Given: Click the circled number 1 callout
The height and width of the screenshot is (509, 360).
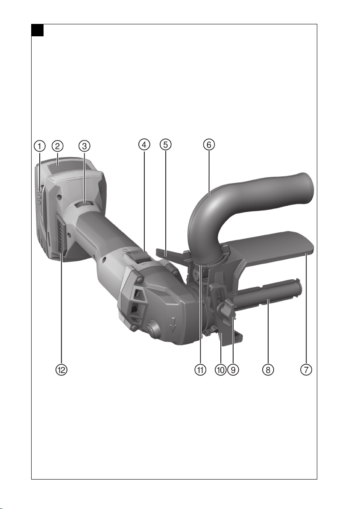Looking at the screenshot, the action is [x=40, y=146].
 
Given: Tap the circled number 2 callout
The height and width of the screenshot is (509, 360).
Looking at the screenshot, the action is [x=58, y=146].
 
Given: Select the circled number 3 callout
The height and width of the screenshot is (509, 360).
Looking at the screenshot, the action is [x=85, y=146].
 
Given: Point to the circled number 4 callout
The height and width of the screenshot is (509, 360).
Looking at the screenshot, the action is [x=144, y=144].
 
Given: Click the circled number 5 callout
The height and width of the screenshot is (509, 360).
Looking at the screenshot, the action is [x=166, y=144].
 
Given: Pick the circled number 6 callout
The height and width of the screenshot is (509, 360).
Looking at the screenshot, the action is [x=209, y=144].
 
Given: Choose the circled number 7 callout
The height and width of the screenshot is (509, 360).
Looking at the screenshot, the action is [x=306, y=369].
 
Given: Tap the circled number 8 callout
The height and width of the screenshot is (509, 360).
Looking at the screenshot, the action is [x=268, y=369].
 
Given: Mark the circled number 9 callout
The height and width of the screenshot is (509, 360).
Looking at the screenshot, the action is [x=233, y=369].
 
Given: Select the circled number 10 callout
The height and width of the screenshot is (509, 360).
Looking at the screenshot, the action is [x=220, y=369].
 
